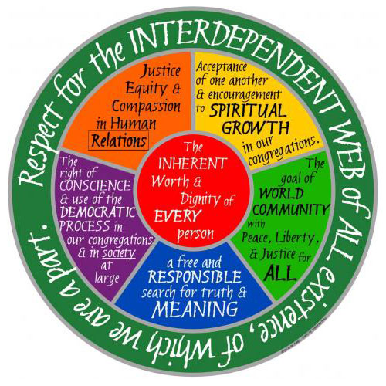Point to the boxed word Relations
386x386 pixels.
click(x=119, y=141)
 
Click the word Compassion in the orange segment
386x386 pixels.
click(x=146, y=106)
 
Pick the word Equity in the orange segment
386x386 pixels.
click(x=146, y=89)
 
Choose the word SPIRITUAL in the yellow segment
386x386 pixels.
click(x=248, y=111)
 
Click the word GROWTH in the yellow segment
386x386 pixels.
click(x=256, y=127)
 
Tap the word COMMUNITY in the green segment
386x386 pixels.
click(x=291, y=210)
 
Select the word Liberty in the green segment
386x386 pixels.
click(x=295, y=238)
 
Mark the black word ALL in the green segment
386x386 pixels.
click(x=279, y=273)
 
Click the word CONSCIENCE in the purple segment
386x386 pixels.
click(x=95, y=185)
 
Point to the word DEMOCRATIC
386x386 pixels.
click(x=97, y=212)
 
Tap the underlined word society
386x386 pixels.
click(x=119, y=253)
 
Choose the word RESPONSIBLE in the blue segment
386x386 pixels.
click(x=195, y=276)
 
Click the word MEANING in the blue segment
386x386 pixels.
click(x=195, y=308)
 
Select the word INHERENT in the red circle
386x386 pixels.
click(x=192, y=164)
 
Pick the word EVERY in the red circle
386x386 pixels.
click(x=178, y=215)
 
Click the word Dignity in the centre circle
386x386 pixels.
click(x=200, y=198)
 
